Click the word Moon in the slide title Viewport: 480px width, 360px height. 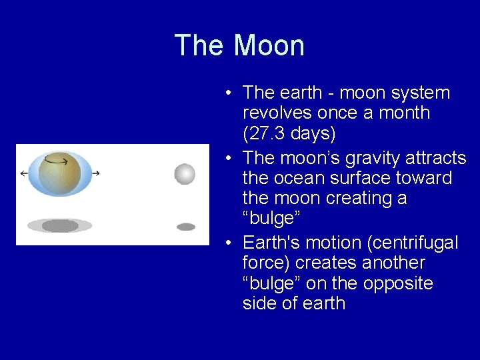pyautogui.click(x=269, y=46)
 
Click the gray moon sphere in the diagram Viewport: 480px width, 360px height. pyautogui.click(x=185, y=174)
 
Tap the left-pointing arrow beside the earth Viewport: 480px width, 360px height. pyautogui.click(x=25, y=173)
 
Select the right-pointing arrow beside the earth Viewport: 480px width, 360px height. pyautogui.click(x=95, y=173)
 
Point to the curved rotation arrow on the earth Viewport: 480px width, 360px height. pyautogui.click(x=56, y=160)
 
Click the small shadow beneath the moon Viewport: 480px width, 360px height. pyautogui.click(x=186, y=227)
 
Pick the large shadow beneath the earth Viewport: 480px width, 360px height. pyautogui.click(x=59, y=226)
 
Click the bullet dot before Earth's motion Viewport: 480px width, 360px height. pyautogui.click(x=229, y=244)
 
